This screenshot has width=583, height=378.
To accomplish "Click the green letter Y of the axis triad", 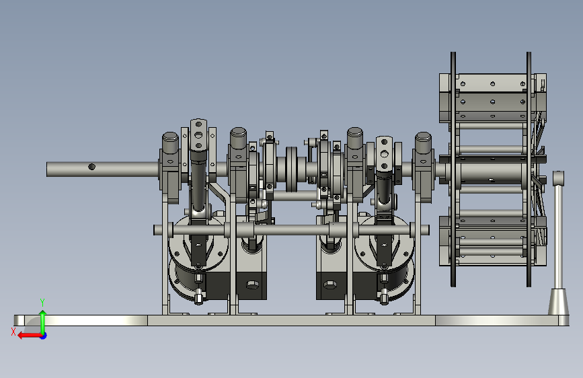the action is (x=42, y=302).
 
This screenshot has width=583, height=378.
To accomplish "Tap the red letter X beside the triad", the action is (x=13, y=332).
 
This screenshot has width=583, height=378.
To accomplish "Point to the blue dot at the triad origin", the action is (x=44, y=336).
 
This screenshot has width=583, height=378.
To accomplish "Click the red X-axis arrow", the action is (x=30, y=336).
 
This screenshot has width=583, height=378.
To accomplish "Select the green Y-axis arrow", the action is (x=43, y=322).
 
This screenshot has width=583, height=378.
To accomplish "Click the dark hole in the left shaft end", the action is (x=92, y=167).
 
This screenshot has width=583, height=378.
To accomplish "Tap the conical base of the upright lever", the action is (x=559, y=302).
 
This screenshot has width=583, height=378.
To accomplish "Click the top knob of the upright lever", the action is (x=559, y=178).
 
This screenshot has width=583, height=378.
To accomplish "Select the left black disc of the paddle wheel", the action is (x=453, y=169).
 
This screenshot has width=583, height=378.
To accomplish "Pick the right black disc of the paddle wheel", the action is (x=529, y=169).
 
